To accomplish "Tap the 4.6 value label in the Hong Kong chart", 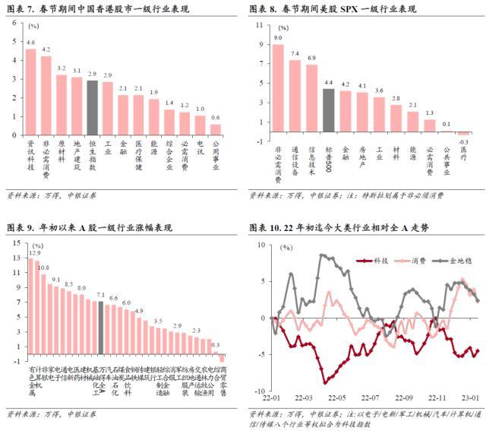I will click(x=30, y=43).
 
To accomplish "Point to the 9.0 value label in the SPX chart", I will click(x=277, y=36).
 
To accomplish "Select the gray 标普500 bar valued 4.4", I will click(x=328, y=111).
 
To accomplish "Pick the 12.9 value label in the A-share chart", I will click(x=35, y=252).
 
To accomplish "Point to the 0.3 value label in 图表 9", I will click(x=216, y=345).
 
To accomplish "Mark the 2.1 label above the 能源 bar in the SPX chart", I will click(x=412, y=105).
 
